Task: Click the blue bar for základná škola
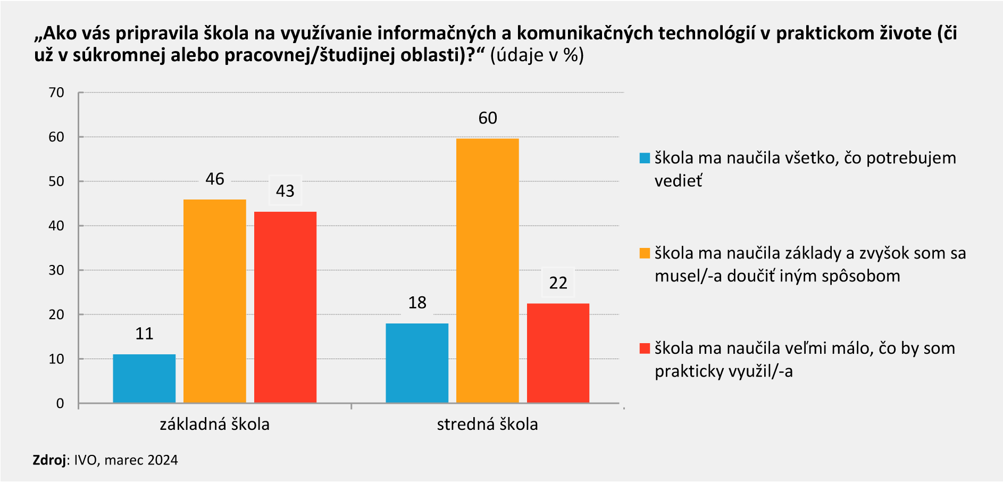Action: coord(144,378)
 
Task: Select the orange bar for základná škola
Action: coord(215,301)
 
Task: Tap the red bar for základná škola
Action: coord(285,307)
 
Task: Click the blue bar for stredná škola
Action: coord(417,363)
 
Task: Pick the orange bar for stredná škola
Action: coord(487,270)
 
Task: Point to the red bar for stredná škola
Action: coord(558,353)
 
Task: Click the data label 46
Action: coord(215,179)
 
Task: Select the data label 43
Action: coord(285,191)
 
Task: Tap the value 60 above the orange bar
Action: coord(488,118)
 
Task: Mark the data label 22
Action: coord(558,283)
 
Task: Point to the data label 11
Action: coord(144,334)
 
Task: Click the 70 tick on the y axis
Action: coord(56,93)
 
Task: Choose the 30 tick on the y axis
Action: coord(56,270)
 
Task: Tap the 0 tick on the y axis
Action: coord(60,403)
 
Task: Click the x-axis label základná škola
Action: coord(215,425)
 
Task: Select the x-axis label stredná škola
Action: coord(487,425)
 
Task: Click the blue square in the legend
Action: coord(645,158)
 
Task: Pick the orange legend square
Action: coord(645,253)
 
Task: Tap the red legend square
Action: coord(645,348)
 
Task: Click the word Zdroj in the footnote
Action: coord(49,460)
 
